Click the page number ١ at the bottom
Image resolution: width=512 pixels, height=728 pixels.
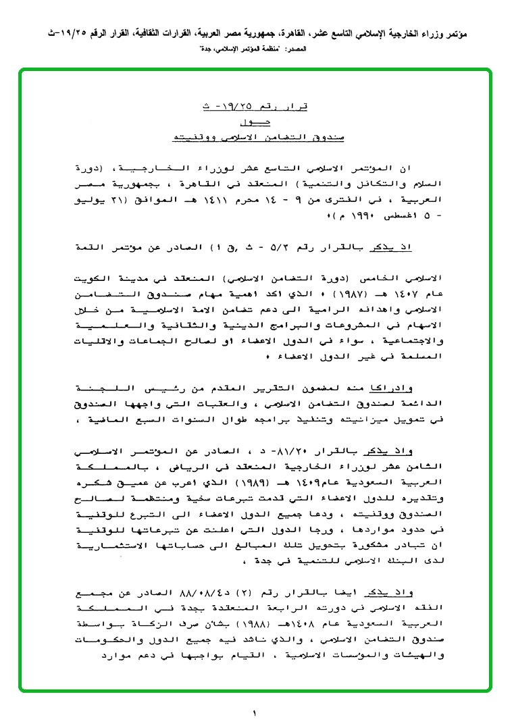[x=255, y=712]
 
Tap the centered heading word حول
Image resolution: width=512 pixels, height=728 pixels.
[x=255, y=122]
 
